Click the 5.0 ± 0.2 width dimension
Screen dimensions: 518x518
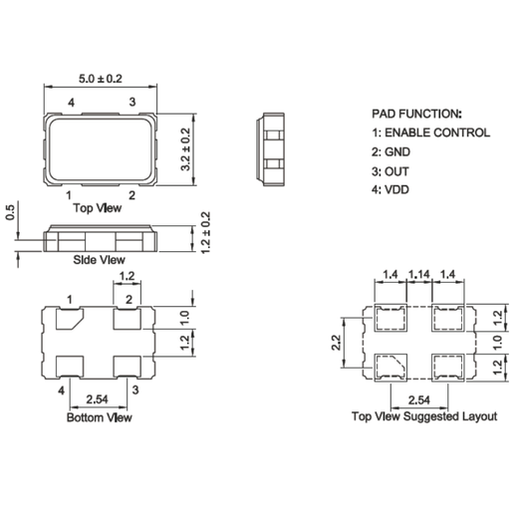pyautogui.click(x=100, y=79)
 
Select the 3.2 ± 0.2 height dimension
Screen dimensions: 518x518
pyautogui.click(x=184, y=149)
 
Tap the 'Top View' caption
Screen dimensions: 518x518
pyautogui.click(x=100, y=208)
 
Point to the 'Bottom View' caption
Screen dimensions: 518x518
pyautogui.click(x=99, y=417)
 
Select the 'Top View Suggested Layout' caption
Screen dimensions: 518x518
pyautogui.click(x=423, y=416)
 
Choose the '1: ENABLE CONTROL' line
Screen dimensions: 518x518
pyautogui.click(x=430, y=132)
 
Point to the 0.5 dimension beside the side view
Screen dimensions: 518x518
pyautogui.click(x=10, y=215)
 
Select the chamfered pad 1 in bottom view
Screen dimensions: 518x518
pyautogui.click(x=70, y=319)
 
